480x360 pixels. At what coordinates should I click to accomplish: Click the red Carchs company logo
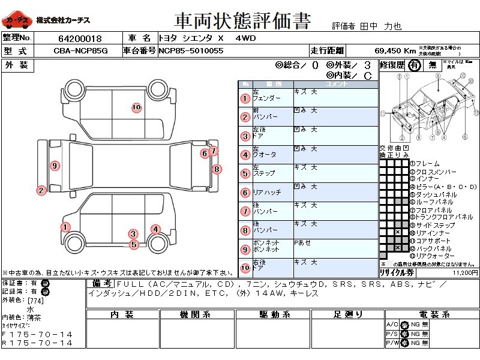point(17,20)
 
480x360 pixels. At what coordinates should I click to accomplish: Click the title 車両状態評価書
point(242,22)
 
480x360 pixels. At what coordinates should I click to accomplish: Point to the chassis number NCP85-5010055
point(191,51)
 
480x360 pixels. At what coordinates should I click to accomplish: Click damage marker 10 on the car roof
point(136,107)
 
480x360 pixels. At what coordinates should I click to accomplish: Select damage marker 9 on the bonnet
point(55,166)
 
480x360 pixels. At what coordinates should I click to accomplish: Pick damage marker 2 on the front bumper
point(41,191)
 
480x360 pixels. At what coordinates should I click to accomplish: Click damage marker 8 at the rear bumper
point(217,169)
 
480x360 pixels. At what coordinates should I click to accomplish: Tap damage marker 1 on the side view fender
point(64,227)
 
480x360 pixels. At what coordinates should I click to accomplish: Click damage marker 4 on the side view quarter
point(155,229)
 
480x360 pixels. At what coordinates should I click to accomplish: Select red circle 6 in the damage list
point(245,193)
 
